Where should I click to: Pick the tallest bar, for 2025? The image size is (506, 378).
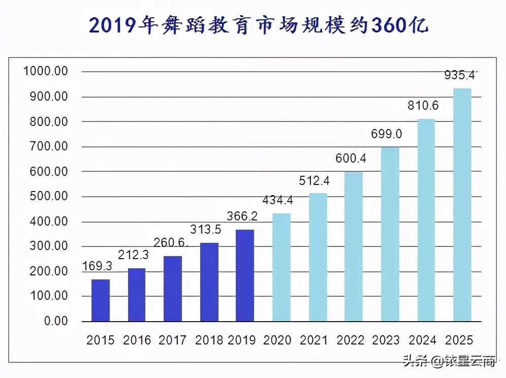(x=462, y=204)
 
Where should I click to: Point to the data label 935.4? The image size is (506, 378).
(x=459, y=76)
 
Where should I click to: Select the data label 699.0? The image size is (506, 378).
(x=387, y=134)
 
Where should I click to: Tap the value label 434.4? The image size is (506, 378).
(x=277, y=201)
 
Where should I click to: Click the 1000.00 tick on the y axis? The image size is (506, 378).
(x=46, y=72)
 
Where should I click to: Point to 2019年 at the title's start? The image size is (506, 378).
(x=122, y=24)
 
